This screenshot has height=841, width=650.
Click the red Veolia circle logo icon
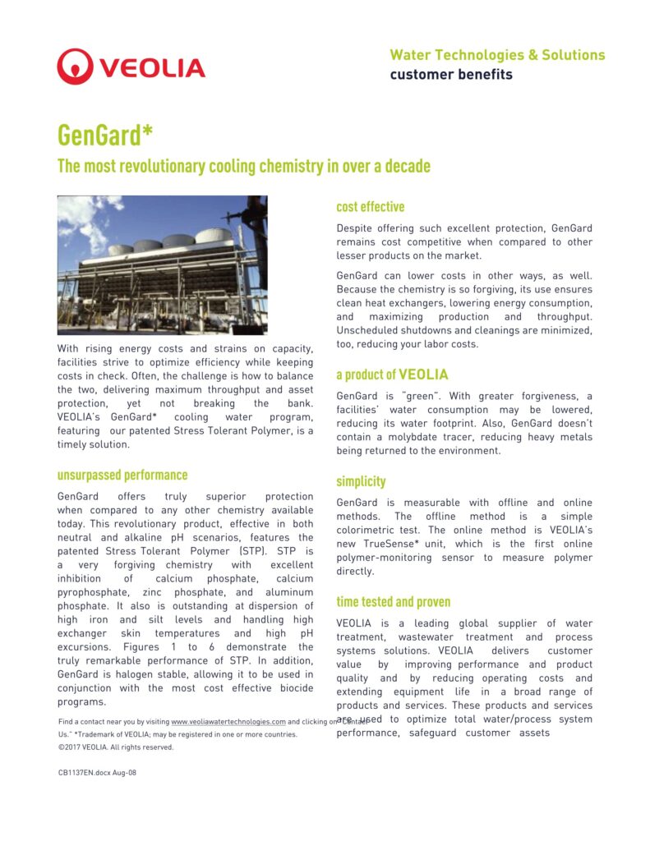[x=75, y=67]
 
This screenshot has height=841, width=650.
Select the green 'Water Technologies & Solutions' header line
[x=496, y=55]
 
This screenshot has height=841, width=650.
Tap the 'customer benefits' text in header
[x=450, y=75]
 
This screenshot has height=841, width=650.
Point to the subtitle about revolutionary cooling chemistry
[x=243, y=166]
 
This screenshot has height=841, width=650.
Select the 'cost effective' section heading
[x=370, y=207]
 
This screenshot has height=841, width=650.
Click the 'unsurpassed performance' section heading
[x=122, y=475]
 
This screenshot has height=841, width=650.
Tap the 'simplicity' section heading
[x=361, y=481]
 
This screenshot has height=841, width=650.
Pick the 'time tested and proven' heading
[x=393, y=602]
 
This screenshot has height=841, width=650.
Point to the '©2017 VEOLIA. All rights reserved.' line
[x=116, y=747]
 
